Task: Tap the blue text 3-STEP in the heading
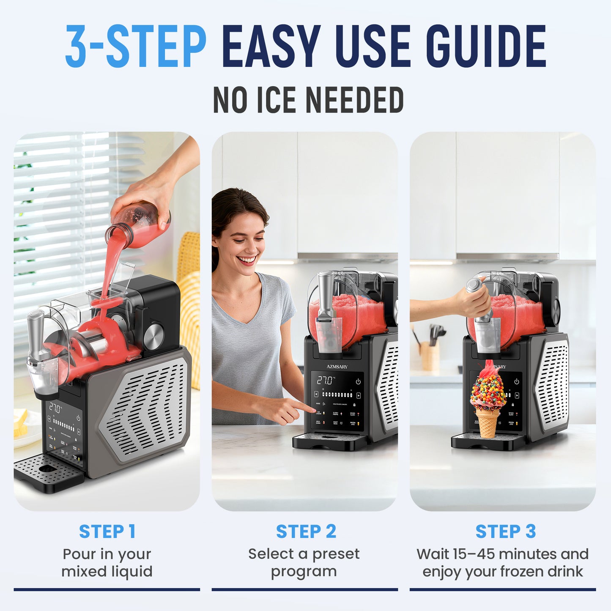click(135, 47)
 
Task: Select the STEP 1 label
click(107, 532)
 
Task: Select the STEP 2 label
click(306, 532)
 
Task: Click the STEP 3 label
click(505, 532)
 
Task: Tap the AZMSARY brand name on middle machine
click(337, 367)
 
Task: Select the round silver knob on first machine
click(153, 335)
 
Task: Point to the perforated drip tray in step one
click(47, 469)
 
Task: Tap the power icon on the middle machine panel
click(359, 381)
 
